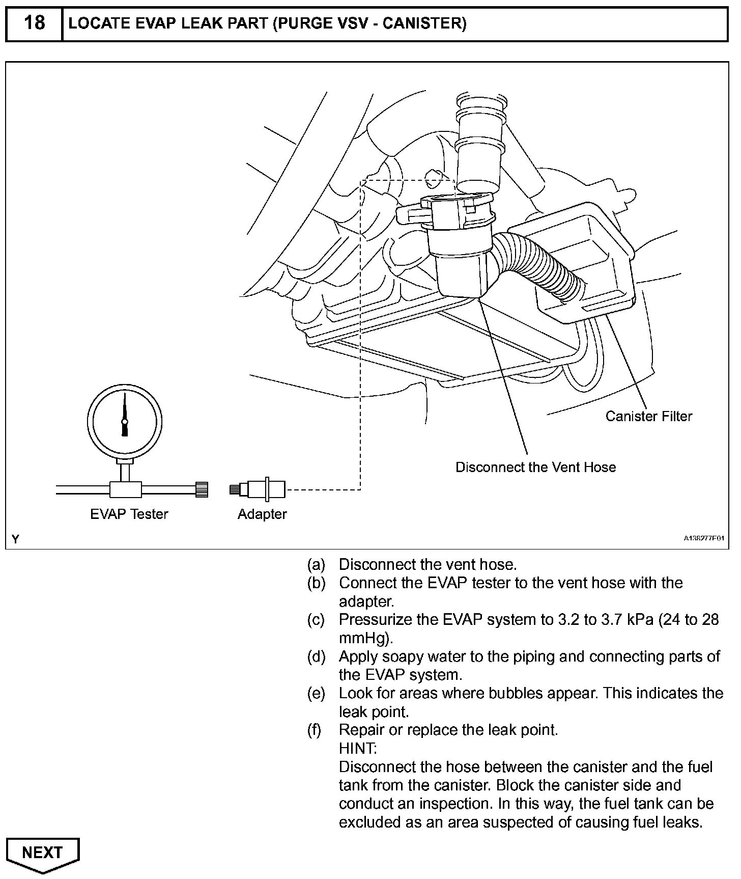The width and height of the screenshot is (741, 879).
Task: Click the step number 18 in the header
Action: (x=34, y=23)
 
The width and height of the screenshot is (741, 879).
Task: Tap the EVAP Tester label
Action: (x=129, y=514)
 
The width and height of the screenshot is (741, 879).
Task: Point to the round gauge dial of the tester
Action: (x=125, y=421)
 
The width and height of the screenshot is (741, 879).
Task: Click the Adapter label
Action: (x=262, y=514)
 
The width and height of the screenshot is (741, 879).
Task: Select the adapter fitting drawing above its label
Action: (x=258, y=489)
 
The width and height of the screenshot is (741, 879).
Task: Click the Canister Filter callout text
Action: (x=649, y=416)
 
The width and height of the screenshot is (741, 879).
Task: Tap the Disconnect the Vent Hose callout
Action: (x=535, y=467)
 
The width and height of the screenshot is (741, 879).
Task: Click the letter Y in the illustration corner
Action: (x=16, y=539)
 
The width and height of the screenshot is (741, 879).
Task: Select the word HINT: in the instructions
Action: (x=358, y=748)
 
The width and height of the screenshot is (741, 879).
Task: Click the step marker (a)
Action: (x=316, y=564)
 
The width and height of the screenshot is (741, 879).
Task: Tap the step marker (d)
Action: (x=316, y=656)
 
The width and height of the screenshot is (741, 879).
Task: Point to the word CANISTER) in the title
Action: (x=424, y=23)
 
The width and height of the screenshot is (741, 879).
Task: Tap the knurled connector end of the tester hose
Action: (x=202, y=489)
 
